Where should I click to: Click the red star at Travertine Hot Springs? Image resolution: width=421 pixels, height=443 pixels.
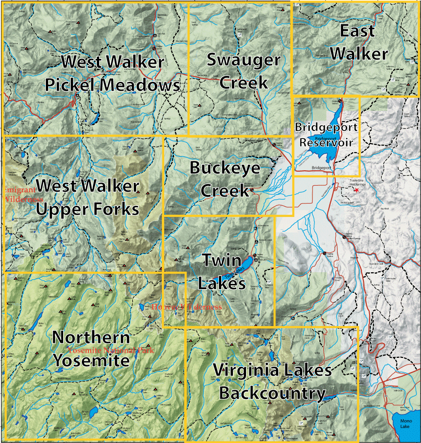tap(357, 190)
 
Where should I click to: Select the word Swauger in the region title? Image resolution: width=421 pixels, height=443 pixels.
tap(243, 60)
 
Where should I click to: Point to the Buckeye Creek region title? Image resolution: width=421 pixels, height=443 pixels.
tap(225, 179)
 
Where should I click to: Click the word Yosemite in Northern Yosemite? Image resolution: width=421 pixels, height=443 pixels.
tap(91, 360)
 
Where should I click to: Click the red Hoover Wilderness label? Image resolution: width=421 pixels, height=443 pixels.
tap(186, 307)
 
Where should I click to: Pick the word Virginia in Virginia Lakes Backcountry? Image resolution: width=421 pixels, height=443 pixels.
tap(247, 371)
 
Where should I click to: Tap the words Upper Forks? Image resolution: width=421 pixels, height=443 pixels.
tap(87, 209)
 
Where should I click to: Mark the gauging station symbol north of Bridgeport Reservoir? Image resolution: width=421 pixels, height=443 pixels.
tap(340, 101)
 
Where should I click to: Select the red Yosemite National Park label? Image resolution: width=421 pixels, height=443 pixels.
tap(110, 350)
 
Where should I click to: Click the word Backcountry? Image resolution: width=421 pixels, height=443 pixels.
tap(272, 393)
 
